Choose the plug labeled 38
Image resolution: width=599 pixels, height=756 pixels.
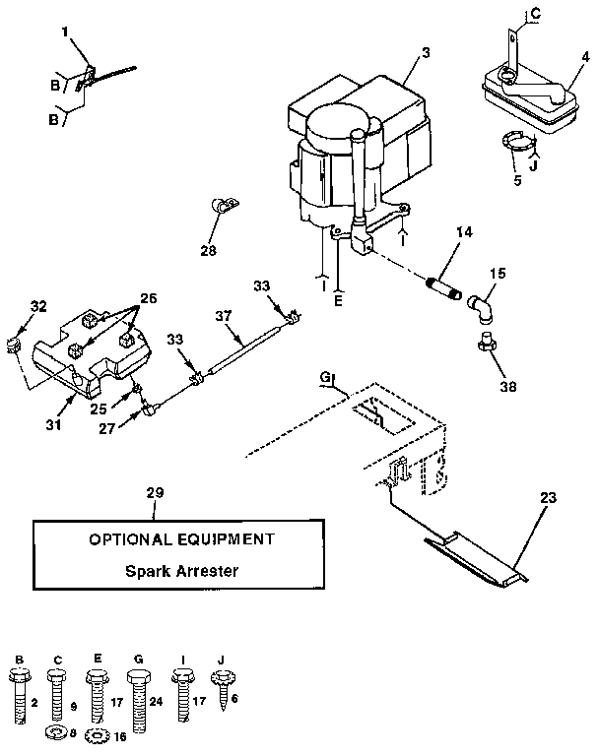pyautogui.click(x=485, y=343)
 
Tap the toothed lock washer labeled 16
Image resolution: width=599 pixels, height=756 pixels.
pyautogui.click(x=97, y=735)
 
